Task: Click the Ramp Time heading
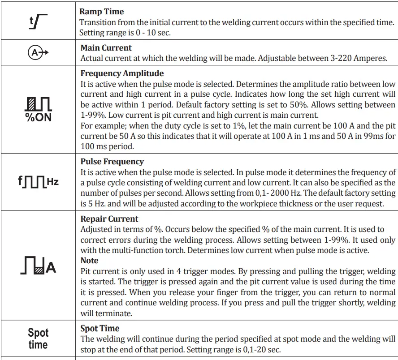pos(102,12)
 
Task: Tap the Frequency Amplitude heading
pos(122,73)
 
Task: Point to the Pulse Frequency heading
pos(112,162)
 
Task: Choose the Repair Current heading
pos(109,219)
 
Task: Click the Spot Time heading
pos(99,329)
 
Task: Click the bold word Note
pos(89,261)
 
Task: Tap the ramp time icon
pos(38,21)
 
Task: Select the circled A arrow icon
pos(38,53)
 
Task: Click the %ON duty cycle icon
pos(38,109)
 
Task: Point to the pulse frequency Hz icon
pos(38,182)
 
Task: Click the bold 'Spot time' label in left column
pos(38,339)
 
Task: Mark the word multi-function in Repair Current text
pos(134,250)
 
